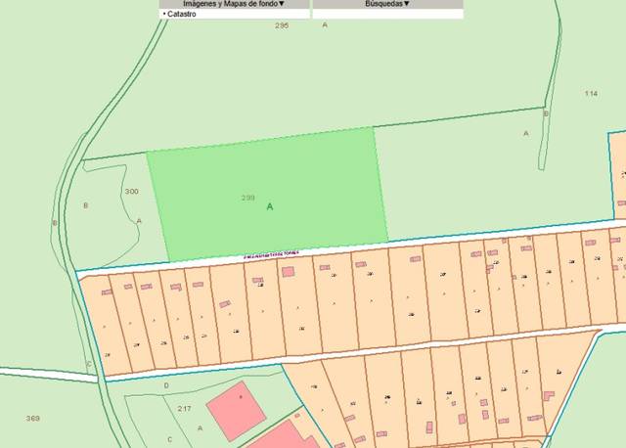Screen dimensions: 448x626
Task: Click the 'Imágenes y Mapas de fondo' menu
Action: (x=235, y=4)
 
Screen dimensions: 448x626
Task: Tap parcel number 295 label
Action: (x=282, y=24)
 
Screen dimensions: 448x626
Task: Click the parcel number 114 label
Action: (x=590, y=93)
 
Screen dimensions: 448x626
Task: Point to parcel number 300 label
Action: (x=131, y=192)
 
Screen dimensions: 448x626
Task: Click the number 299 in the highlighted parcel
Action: (x=248, y=198)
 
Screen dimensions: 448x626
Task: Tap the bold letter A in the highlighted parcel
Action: (x=270, y=206)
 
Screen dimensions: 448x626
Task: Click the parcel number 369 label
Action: (x=32, y=419)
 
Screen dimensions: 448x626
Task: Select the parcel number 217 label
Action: (x=184, y=408)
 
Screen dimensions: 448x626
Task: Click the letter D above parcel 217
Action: (x=165, y=385)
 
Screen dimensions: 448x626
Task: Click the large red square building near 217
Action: (x=237, y=410)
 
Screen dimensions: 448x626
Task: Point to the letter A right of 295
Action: (x=325, y=24)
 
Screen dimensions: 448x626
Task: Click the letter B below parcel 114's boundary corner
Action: (x=546, y=113)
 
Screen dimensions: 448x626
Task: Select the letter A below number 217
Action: (x=200, y=427)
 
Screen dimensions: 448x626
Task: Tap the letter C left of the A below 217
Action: (x=169, y=439)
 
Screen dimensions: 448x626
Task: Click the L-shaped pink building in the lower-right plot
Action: (x=548, y=395)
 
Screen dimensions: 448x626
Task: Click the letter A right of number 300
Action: (x=139, y=220)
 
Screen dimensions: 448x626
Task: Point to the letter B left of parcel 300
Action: (x=86, y=205)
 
